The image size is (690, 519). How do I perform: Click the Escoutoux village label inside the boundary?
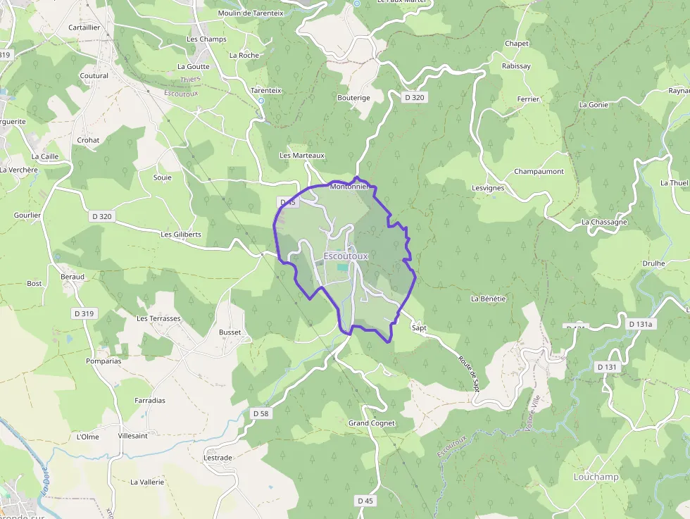click(x=346, y=256)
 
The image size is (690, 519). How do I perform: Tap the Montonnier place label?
click(x=350, y=187)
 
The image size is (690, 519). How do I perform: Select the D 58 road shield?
click(x=260, y=413)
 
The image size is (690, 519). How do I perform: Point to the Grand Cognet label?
click(x=372, y=423)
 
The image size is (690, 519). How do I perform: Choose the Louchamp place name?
click(x=596, y=477)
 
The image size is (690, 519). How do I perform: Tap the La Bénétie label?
click(x=488, y=299)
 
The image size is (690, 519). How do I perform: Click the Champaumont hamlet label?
click(x=539, y=172)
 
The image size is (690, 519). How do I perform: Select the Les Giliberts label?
click(x=181, y=235)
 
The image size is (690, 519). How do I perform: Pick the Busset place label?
click(x=230, y=332)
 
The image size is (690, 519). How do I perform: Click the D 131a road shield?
click(x=641, y=324)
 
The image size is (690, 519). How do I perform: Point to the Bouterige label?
click(x=353, y=98)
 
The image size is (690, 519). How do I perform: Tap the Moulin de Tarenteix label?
click(x=251, y=13)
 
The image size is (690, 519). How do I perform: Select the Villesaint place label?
click(x=133, y=436)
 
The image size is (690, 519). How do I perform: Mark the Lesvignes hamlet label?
click(x=488, y=188)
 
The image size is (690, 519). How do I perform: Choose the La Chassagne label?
click(x=604, y=222)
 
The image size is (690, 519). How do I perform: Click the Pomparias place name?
click(x=103, y=361)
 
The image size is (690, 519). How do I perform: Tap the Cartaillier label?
click(x=84, y=27)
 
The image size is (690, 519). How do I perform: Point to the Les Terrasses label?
click(x=158, y=318)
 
